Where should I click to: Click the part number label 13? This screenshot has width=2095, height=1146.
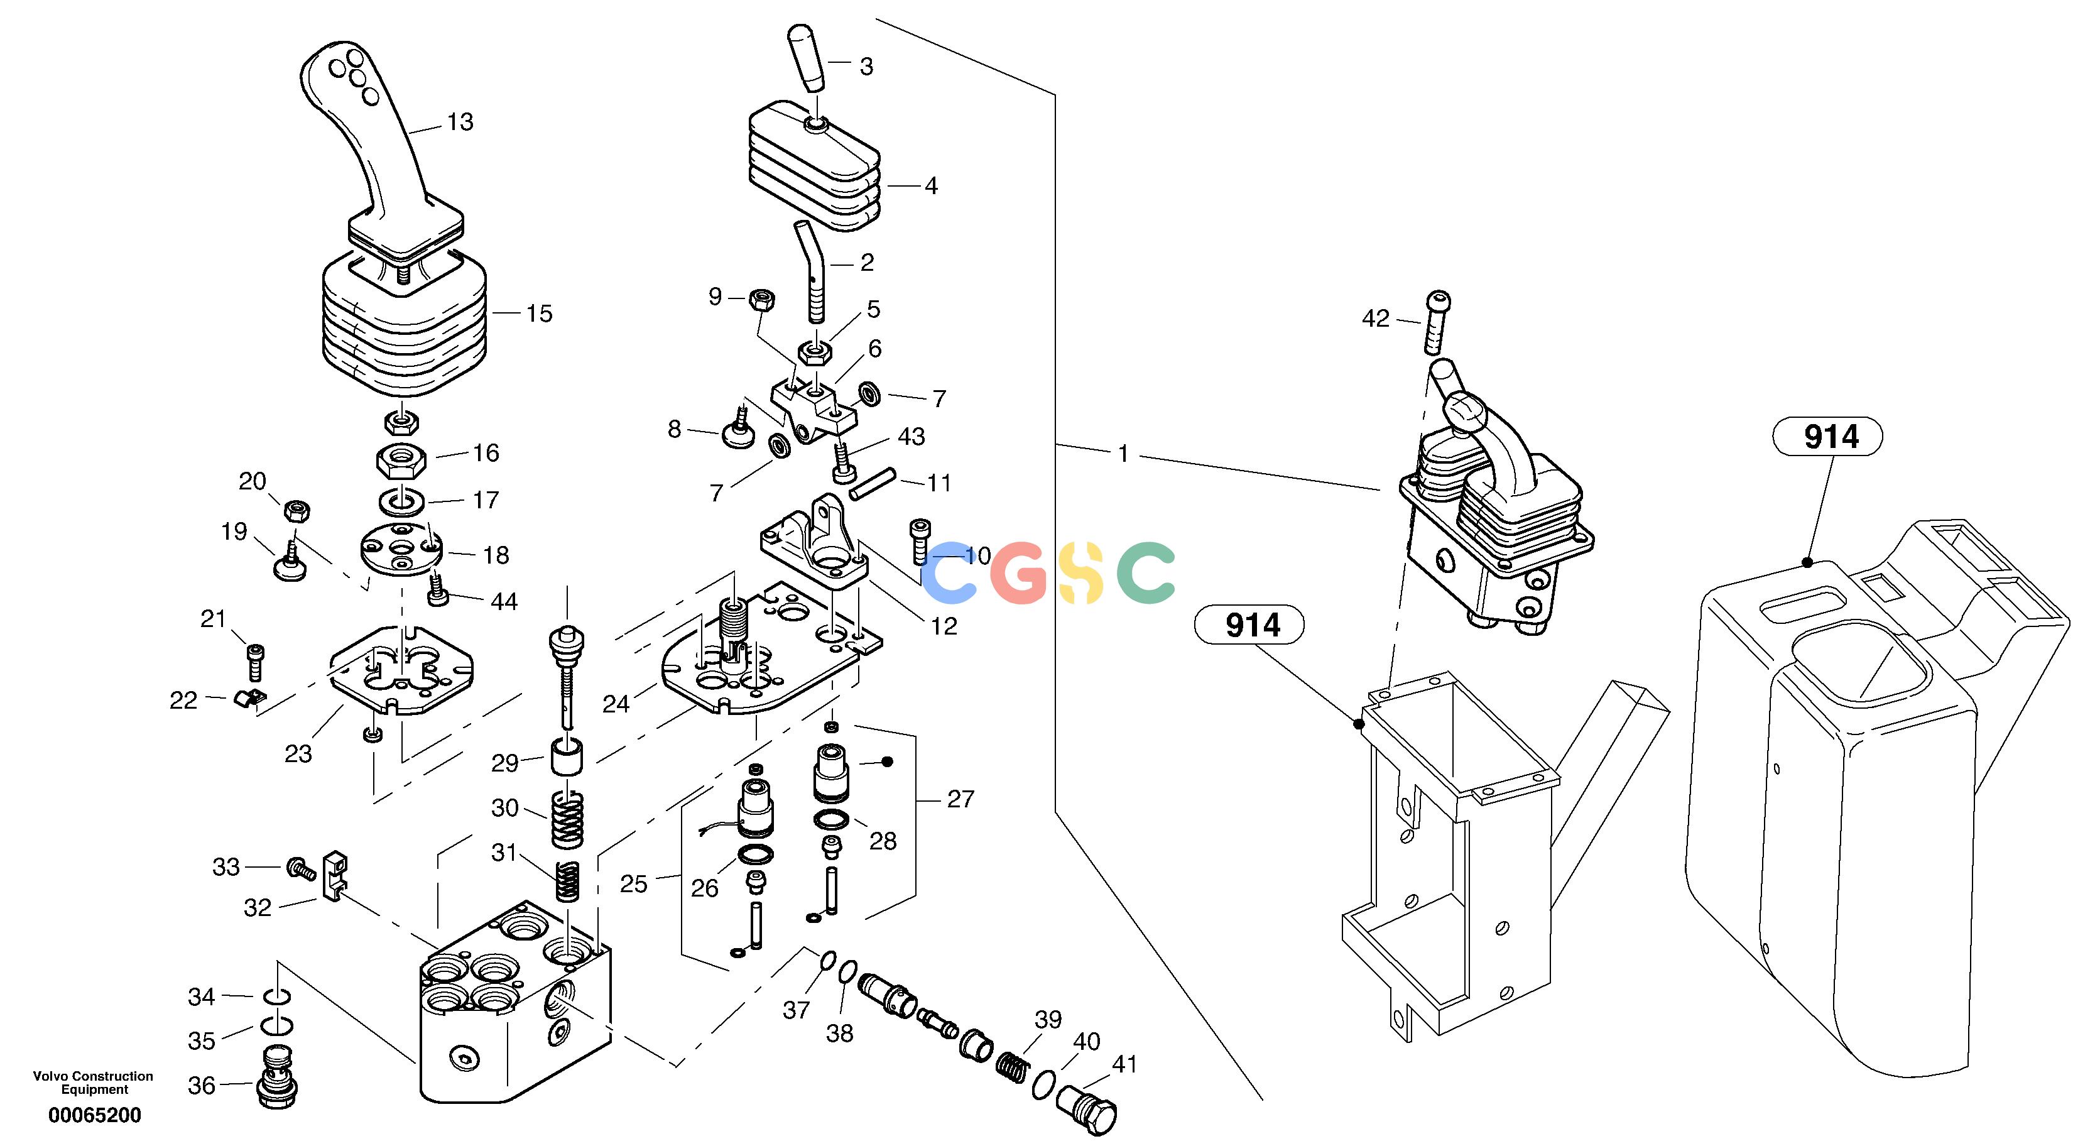[x=460, y=122]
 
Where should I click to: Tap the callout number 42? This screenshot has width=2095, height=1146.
[x=1376, y=319]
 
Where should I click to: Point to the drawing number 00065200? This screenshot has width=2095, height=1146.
[x=95, y=1115]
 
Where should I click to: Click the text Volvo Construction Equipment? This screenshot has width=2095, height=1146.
[x=94, y=1083]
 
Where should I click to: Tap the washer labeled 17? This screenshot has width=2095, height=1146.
[x=401, y=503]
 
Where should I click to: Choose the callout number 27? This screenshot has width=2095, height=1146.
[x=960, y=800]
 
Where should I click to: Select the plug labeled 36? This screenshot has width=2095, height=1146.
[x=277, y=1075]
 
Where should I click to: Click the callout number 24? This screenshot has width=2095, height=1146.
[x=616, y=704]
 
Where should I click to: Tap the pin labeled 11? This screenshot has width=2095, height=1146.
[x=873, y=483]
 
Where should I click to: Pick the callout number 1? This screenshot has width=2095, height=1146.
[x=1123, y=454]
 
